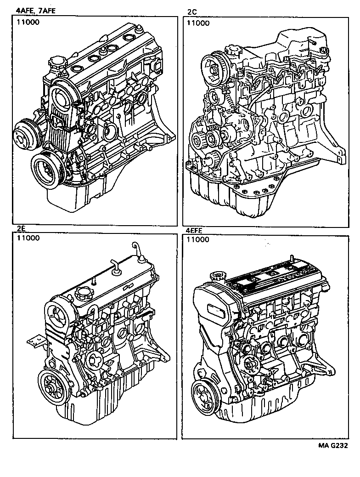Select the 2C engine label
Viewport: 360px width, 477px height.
pos(191,12)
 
